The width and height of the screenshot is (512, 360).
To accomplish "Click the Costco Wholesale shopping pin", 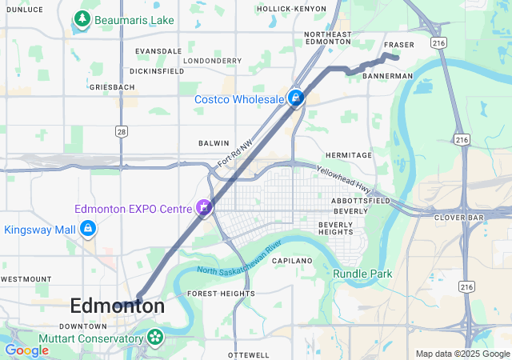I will coord(296,98).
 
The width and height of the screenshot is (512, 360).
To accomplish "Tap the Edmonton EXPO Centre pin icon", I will coord(205,208).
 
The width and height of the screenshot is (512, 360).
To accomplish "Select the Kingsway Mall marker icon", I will coord(88,230).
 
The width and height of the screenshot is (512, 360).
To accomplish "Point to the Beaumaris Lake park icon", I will coord(81,18).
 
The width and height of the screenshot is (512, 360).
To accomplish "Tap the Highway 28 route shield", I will coord(122,130).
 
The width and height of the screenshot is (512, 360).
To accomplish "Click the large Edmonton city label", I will coord(118,306).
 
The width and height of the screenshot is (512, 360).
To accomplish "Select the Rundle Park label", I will coord(362,274).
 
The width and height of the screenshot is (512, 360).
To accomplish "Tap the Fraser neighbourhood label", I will coord(398,45).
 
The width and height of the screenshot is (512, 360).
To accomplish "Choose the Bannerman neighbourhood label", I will coord(387,76).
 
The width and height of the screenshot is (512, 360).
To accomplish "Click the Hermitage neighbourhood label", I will coord(349,155).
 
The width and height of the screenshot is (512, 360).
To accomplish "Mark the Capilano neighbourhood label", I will coord(291,261).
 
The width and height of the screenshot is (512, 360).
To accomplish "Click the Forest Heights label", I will coord(221,294).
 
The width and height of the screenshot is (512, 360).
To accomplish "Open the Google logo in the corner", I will coord(26,350).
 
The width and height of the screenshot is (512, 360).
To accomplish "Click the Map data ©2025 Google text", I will coord(461,354).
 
